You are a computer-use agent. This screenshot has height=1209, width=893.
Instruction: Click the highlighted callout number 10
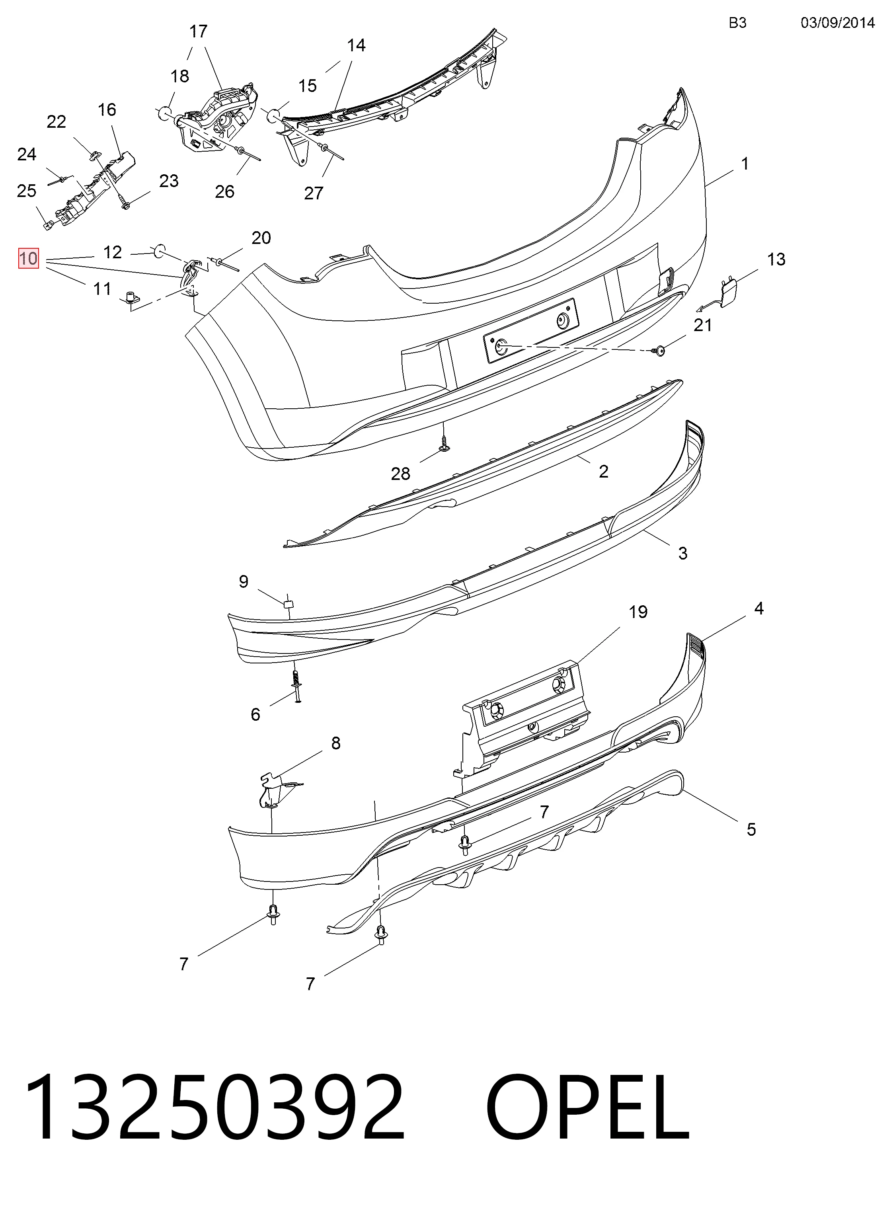(x=29, y=258)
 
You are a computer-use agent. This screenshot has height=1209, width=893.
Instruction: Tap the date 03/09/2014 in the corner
(x=837, y=23)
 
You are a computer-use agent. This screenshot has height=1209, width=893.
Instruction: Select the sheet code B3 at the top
(x=737, y=23)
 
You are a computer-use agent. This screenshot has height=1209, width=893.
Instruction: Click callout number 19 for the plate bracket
(x=638, y=612)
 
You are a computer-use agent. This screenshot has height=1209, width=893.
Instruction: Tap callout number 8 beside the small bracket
(x=336, y=743)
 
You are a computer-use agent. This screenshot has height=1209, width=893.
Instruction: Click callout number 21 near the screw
(x=702, y=326)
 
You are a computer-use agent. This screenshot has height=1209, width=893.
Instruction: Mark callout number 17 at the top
(x=199, y=31)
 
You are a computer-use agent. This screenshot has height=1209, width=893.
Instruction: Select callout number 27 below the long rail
(x=314, y=193)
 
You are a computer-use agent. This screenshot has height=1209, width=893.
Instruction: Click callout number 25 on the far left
(x=27, y=191)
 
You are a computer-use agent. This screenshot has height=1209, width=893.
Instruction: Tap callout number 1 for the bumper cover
(x=745, y=164)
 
